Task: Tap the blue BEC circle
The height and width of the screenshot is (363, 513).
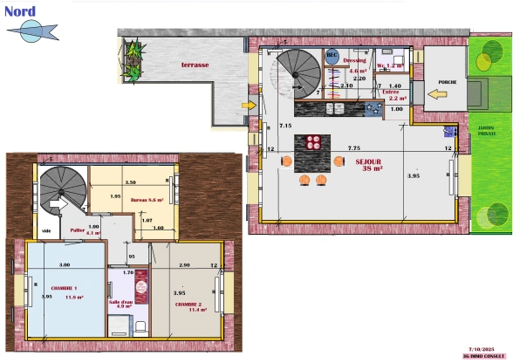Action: (x=332, y=55)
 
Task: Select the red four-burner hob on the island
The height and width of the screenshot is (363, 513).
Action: (x=315, y=144)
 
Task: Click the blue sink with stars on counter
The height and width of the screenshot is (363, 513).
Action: (x=373, y=110)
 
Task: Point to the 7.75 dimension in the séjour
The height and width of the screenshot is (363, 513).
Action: (x=353, y=148)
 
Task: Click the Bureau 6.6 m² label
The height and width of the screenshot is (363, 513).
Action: (x=147, y=200)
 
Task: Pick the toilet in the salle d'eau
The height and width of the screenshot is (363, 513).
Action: (x=140, y=328)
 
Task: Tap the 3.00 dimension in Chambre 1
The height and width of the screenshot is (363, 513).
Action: (x=65, y=264)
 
